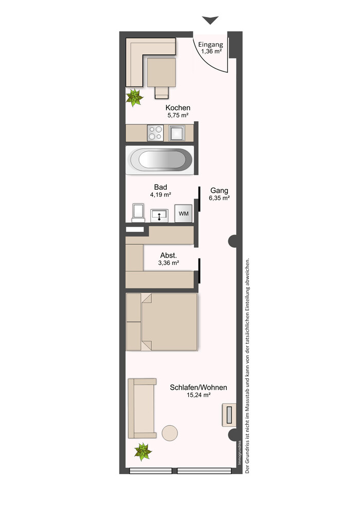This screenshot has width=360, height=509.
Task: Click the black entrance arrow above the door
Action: (210, 20)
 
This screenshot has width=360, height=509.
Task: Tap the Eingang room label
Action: (211, 44)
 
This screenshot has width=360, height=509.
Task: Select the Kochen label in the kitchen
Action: (178, 107)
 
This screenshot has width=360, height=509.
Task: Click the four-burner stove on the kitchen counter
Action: (155, 133)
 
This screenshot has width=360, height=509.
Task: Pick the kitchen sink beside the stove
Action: (176, 133)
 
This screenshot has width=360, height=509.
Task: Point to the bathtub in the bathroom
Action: (160, 160)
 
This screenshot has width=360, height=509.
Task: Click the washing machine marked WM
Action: (184, 213)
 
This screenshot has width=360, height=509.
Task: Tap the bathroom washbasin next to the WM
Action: (159, 215)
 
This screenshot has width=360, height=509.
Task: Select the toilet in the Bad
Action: (139, 213)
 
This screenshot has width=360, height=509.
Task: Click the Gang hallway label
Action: (219, 191)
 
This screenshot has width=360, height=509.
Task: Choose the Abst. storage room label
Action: (169, 255)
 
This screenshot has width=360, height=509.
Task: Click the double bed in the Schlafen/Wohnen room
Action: (162, 322)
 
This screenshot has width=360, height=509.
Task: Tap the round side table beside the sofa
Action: (170, 433)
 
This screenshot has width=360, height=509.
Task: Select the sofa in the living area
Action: (142, 408)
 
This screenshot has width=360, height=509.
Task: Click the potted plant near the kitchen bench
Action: (134, 97)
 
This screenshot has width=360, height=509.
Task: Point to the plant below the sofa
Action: (143, 451)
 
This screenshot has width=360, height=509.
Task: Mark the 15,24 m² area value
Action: (199, 395)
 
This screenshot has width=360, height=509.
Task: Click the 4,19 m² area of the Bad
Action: (160, 195)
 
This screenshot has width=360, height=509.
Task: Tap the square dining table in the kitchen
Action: (161, 72)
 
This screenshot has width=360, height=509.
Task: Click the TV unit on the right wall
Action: (229, 414)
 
